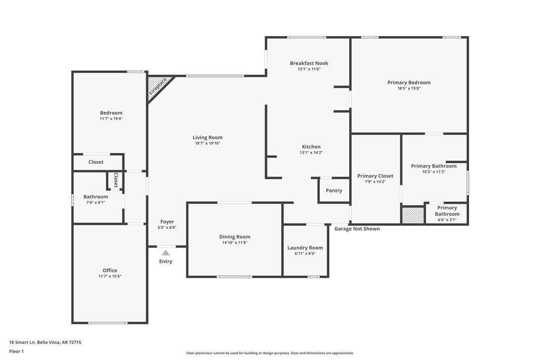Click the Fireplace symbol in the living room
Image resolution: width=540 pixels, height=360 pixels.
[x=158, y=87]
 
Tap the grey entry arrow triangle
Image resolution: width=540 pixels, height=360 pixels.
[x=166, y=253]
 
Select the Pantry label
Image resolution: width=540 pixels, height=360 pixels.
[x=334, y=190]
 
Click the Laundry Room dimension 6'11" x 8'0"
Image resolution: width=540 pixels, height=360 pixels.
[x=305, y=254]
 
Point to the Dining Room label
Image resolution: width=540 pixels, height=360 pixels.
[x=235, y=237]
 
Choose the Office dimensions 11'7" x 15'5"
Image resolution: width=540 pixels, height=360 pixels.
[x=110, y=276]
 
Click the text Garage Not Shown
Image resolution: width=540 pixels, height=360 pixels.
[x=357, y=229]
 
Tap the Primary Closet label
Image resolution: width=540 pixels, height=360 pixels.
[x=375, y=176]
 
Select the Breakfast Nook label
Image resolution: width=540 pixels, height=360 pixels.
[x=309, y=63]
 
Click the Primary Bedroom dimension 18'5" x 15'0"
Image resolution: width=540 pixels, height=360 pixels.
[x=409, y=89]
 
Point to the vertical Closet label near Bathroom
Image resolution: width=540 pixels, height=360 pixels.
[x=116, y=180]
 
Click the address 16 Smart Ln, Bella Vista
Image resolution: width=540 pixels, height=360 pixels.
[x=45, y=342]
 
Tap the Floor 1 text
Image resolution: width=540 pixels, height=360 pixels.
[x=16, y=351]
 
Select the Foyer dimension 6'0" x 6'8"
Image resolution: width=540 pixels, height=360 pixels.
[x=167, y=227]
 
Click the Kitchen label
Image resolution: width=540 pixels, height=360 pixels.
[x=311, y=147]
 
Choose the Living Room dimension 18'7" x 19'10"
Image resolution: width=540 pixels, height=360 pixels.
[x=207, y=143]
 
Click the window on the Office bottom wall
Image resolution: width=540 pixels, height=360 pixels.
[x=108, y=323]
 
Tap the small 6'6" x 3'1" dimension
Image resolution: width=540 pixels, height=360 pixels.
[x=447, y=220]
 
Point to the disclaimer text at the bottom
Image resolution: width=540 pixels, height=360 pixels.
[x=270, y=353]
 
